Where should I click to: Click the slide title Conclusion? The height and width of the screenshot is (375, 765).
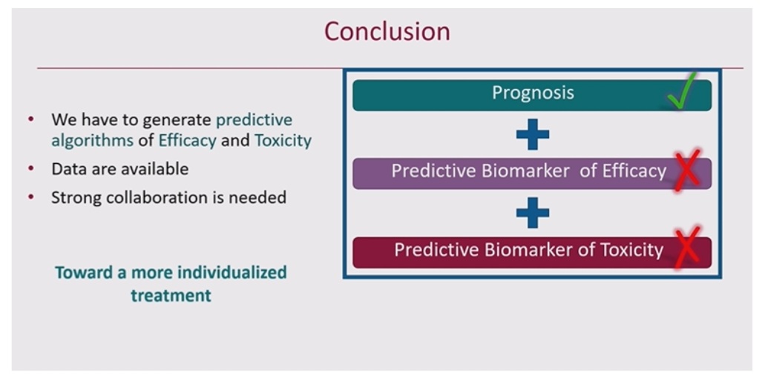[x=387, y=32]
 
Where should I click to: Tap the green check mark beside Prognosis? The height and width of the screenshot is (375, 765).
[x=682, y=90]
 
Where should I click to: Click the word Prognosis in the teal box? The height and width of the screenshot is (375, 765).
[x=533, y=93]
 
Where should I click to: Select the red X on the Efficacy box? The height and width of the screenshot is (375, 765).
[x=687, y=171]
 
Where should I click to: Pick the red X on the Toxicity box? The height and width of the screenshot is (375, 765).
[x=687, y=248]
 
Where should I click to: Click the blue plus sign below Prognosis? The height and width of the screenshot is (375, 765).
[x=532, y=134]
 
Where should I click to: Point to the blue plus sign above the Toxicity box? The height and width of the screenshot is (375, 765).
[x=532, y=213]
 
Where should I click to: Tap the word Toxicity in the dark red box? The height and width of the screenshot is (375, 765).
[x=631, y=249]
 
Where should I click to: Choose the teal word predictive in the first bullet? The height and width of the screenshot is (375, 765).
[x=255, y=120]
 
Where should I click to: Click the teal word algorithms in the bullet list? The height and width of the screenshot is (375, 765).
[x=92, y=141]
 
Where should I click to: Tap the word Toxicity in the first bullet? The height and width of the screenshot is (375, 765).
[x=283, y=141]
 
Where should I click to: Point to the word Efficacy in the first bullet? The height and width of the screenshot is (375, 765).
[x=187, y=141]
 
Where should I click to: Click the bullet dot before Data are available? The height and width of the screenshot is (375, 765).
[x=32, y=168]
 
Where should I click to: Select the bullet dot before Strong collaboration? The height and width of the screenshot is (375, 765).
[x=32, y=197]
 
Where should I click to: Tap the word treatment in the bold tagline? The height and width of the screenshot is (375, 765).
[x=171, y=295]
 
